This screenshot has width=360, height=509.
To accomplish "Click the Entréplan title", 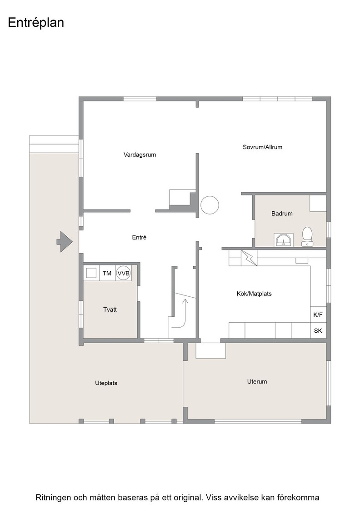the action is (36, 23).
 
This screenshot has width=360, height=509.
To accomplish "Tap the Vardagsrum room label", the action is (140, 155).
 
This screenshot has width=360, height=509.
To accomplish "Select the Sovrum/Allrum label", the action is (262, 147).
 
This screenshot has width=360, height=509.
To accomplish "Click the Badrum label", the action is (282, 214).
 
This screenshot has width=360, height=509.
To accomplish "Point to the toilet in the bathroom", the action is (307, 236).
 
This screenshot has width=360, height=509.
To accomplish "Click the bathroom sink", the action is (283, 240).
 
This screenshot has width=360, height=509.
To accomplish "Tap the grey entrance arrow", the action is (64, 241).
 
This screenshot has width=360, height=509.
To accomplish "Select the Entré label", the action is (139, 238).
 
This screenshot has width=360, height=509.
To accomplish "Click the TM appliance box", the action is (107, 273).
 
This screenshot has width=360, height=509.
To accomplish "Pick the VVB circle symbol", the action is (123, 273).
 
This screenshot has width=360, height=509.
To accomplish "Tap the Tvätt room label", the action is (110, 309).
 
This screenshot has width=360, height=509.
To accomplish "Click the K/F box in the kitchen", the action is (318, 314).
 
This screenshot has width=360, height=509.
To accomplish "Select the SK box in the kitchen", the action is (318, 330).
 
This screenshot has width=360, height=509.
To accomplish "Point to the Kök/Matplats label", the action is (254, 294).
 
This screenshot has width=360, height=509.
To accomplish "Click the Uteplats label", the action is (106, 383).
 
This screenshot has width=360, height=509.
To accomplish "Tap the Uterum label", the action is (257, 382).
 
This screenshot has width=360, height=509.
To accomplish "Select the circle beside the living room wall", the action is (210, 205).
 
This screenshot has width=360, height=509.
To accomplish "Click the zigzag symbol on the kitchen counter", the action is (249, 258).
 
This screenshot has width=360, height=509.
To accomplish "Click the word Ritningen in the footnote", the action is (53, 498).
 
